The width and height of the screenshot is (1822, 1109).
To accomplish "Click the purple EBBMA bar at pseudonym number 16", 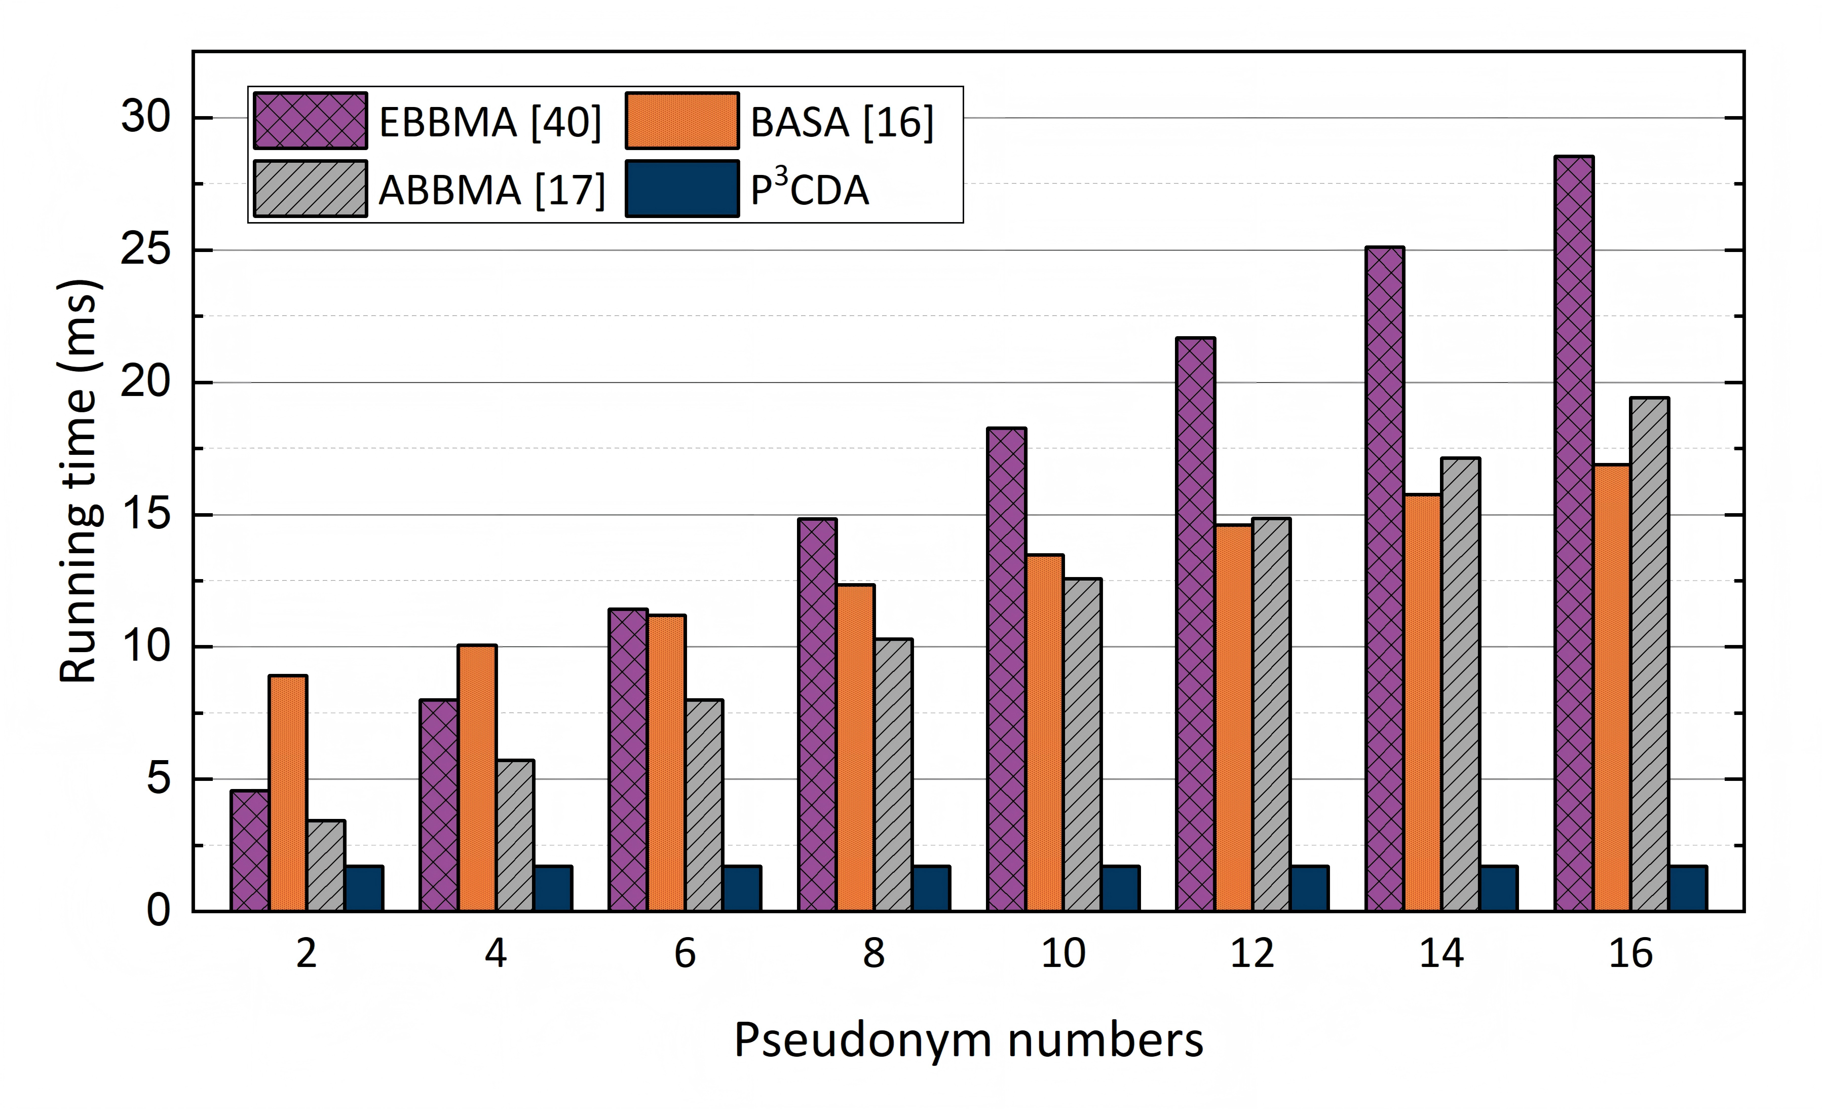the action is (x=1574, y=533).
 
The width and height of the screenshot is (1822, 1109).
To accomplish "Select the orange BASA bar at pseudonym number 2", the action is (x=288, y=793).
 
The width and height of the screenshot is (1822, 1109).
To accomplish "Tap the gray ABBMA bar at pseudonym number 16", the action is (x=1650, y=654).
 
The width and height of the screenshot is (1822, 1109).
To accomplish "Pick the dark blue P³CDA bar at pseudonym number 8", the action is (x=931, y=888).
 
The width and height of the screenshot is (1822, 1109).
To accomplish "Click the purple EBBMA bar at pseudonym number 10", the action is (x=1006, y=669).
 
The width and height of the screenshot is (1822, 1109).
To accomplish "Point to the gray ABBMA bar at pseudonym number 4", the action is (x=515, y=835).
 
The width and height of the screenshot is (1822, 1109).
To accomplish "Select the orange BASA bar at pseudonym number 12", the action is (x=1233, y=718).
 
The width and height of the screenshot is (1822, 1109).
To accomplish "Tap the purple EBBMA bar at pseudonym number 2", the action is (x=250, y=851).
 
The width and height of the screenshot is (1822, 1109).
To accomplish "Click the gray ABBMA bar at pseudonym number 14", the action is (x=1460, y=685).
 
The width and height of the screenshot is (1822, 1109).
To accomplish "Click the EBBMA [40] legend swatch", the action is (x=310, y=121).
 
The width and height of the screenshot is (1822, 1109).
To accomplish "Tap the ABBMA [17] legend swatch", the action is (x=310, y=189).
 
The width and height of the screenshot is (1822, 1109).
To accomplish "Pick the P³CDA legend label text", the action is (x=810, y=187).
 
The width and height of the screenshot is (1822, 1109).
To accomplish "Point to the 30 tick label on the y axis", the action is (x=146, y=117).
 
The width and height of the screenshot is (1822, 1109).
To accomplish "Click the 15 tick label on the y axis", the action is (x=146, y=514).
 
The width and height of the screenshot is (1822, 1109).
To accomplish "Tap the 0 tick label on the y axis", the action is (x=158, y=911).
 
